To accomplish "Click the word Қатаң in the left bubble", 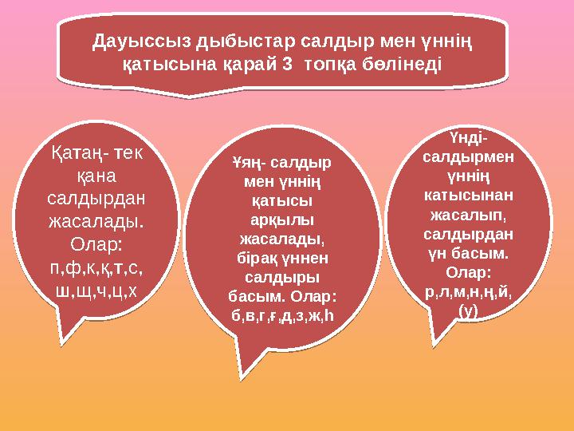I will (74, 152).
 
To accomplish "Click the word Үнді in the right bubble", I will (469, 137).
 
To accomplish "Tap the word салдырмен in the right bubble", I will (469, 156).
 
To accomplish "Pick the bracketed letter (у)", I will (469, 311).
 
